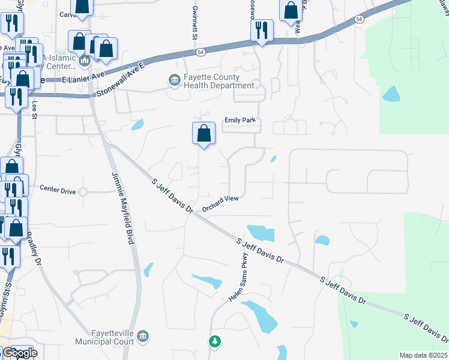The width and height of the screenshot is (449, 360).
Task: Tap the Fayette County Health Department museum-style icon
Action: pos(174,80)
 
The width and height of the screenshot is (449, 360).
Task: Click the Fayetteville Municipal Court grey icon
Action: pos(143,335)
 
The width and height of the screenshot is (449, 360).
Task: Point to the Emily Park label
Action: pos(240,120)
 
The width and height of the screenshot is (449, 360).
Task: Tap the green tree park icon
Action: pos(214,341)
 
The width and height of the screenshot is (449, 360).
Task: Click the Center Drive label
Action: pos(58,191)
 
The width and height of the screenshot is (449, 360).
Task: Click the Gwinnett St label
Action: pos(194,28)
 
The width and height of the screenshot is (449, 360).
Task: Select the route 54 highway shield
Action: pos(359,20)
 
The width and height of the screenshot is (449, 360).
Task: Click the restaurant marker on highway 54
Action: pos(262,31)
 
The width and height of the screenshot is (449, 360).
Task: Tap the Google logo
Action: pos(19,353)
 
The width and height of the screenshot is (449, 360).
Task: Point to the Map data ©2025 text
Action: pos(423,355)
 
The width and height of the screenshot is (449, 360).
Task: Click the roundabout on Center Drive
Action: pos(83,192)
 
